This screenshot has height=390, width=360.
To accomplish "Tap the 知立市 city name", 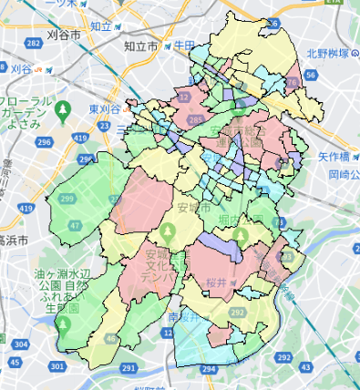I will point(140,46).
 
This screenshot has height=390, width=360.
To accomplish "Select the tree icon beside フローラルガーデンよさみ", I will point(62,110).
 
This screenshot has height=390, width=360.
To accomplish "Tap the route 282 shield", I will point(35,44).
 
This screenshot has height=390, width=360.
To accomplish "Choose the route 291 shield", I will point(129,367).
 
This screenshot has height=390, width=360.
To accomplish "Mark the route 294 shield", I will point(209,369).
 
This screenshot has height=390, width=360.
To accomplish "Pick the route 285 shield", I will point(196,118).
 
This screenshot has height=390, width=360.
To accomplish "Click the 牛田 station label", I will point(185,44).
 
